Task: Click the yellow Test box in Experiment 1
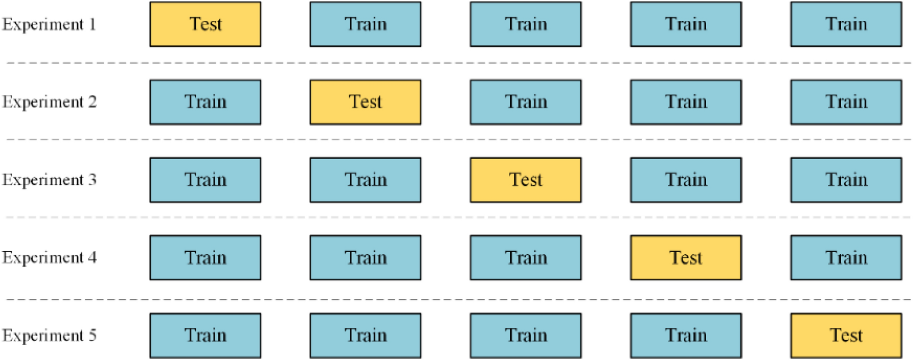coord(205,24)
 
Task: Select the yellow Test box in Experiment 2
coord(366,102)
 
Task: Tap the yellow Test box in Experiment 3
coord(526,180)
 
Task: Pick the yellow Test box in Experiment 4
coord(686,258)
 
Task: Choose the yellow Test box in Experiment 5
coord(846,336)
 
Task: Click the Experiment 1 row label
coord(49,24)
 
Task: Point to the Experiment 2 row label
coord(49,102)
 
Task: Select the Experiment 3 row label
coord(49,180)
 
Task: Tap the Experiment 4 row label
coord(49,258)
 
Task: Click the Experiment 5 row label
coord(49,336)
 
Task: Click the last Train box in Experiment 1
coord(846,24)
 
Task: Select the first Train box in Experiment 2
coord(205,102)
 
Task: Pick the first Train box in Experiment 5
coord(205,336)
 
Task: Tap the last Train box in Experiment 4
coord(846,258)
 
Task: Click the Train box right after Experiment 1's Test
coord(366,24)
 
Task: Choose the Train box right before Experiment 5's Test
coord(686,336)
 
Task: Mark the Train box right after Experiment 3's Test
coord(686,180)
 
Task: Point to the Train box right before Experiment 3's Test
coord(366,180)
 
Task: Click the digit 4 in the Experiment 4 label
coord(93,258)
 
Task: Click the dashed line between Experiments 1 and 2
coord(460,63)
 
